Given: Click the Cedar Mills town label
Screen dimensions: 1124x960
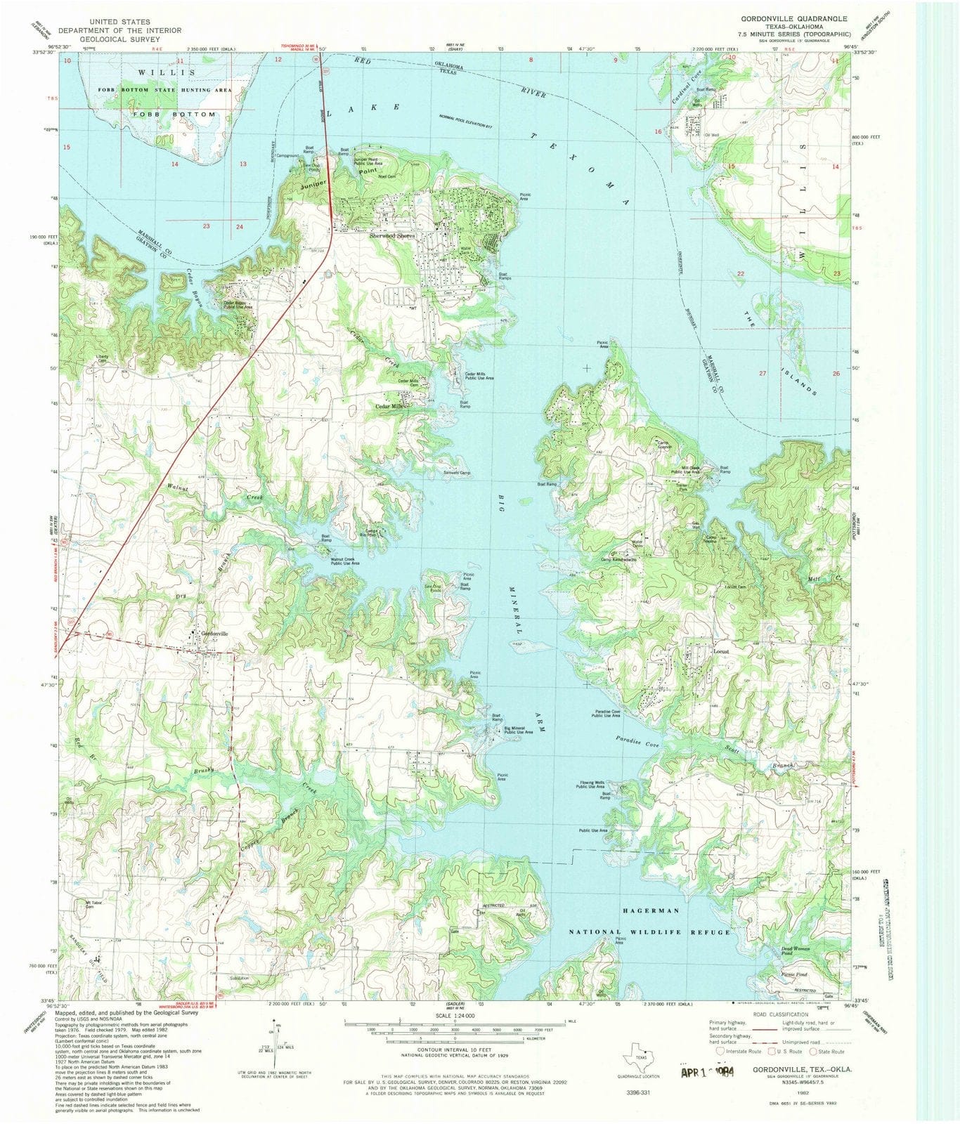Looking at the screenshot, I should (x=389, y=407).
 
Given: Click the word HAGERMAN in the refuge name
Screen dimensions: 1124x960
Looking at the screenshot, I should (x=651, y=910).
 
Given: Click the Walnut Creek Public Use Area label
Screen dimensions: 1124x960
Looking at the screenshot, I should (x=345, y=561).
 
